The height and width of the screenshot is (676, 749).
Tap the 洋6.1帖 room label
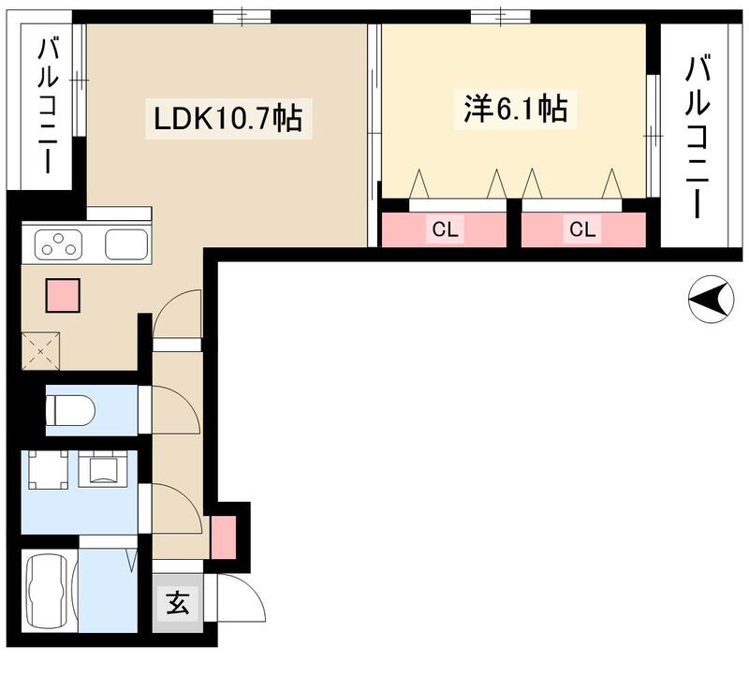point(514,109)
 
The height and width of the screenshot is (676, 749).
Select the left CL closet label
point(445,229)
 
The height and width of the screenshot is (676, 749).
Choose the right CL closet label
point(581,229)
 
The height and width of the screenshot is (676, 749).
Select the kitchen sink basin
point(125,244)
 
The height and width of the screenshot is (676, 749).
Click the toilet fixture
point(71,409)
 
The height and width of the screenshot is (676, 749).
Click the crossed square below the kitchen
point(40,351)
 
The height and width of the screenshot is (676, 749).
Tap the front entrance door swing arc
point(235,600)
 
